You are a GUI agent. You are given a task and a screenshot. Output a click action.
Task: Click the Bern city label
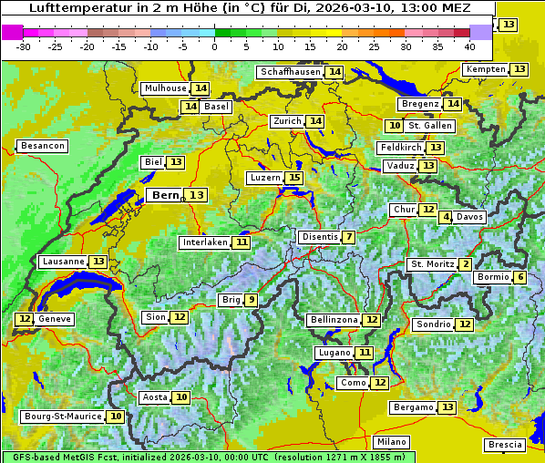pyautogui.click(x=165, y=195)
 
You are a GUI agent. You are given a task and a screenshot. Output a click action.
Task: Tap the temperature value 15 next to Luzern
pyautogui.click(x=293, y=178)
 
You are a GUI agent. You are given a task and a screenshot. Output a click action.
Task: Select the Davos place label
pyautogui.click(x=470, y=217)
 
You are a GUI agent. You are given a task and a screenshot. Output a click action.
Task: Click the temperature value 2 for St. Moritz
pyautogui.click(x=466, y=264)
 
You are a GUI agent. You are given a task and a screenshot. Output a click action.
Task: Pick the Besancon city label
pyautogui.click(x=43, y=146)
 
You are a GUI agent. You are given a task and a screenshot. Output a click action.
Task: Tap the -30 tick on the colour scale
pyautogui.click(x=24, y=46)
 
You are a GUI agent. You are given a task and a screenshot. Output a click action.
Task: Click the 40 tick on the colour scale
pyautogui.click(x=469, y=46)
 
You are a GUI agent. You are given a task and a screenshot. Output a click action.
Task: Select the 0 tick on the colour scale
pyautogui.click(x=215, y=46)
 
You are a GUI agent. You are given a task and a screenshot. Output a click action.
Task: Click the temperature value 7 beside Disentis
pyautogui.click(x=349, y=237)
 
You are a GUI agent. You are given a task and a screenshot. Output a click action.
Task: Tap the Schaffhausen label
pyautogui.click(x=291, y=72)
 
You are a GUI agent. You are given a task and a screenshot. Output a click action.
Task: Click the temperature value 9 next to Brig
pyautogui.click(x=251, y=300)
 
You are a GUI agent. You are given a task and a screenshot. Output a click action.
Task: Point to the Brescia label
pyautogui.click(x=505, y=445)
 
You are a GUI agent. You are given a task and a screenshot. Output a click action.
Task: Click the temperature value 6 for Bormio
pyautogui.click(x=519, y=277)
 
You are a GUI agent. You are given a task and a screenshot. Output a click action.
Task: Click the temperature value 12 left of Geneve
pyautogui.click(x=24, y=319)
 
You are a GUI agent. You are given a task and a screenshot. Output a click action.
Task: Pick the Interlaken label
pyautogui.click(x=205, y=242)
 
